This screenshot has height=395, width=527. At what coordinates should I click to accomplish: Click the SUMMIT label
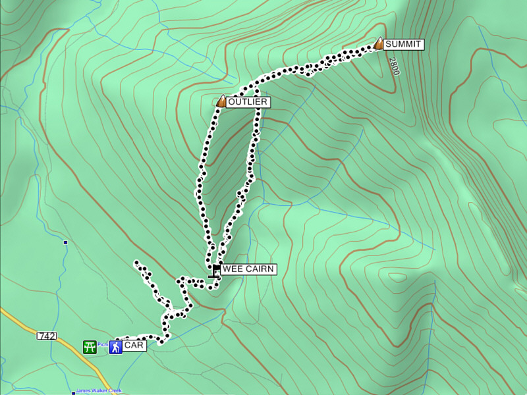pos(403,44)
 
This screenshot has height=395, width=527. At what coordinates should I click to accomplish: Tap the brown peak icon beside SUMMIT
pos(379,43)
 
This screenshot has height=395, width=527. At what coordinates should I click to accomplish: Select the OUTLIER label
pos(247,102)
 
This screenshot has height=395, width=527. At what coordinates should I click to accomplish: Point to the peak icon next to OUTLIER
pos(221,101)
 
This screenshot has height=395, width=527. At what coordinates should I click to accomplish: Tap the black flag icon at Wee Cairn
pos(215,270)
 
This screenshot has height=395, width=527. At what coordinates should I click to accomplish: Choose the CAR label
pos(134,346)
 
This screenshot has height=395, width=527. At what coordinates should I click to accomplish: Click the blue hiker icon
pos(115,346)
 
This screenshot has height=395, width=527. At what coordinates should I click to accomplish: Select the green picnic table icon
pos(90,346)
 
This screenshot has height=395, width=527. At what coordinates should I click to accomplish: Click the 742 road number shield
pos(47,336)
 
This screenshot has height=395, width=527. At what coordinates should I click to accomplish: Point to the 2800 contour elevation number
pos(394,66)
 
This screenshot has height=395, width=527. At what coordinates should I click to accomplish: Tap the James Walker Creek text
pos(99,390)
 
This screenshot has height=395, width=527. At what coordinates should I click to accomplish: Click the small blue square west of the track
pos(65,243)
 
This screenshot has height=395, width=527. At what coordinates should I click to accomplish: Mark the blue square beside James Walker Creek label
pos(73,393)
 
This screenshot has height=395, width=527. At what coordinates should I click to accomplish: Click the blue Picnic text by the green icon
pos(102,344)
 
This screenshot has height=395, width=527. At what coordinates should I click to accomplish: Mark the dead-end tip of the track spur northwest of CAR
pos(136,263)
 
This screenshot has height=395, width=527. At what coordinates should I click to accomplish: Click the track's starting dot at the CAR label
pos(118,341)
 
